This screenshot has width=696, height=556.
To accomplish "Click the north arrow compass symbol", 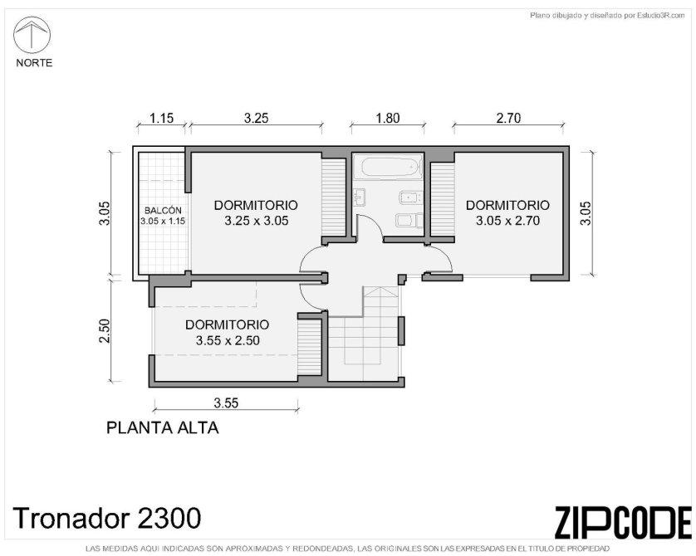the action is [x=32, y=35].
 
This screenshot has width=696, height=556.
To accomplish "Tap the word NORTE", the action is [x=34, y=63].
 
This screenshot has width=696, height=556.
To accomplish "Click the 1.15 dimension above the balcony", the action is [x=162, y=119].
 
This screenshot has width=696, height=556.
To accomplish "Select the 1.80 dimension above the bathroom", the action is [x=388, y=119].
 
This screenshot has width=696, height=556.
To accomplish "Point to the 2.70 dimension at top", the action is [x=508, y=119].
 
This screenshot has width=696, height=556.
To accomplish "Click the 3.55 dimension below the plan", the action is [x=226, y=403].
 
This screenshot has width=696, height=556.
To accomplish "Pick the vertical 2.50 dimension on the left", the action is [x=105, y=331].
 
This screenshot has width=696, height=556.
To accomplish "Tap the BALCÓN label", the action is [x=163, y=211].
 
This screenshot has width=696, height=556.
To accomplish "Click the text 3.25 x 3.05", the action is [x=257, y=221].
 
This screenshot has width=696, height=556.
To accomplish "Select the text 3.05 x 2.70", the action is [x=507, y=221].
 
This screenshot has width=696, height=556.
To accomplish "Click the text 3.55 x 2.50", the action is [x=228, y=340].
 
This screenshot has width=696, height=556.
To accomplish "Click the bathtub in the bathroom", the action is [x=391, y=167].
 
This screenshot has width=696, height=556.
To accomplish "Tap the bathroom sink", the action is [x=360, y=197].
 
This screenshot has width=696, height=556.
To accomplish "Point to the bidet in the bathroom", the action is [x=410, y=198].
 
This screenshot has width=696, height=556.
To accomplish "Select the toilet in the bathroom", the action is [x=409, y=220].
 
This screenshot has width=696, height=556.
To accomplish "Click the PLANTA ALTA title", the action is [x=163, y=428].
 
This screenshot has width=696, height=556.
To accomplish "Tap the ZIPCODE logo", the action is [x=623, y=523].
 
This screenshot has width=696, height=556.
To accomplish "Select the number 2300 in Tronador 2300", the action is [x=169, y=518].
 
